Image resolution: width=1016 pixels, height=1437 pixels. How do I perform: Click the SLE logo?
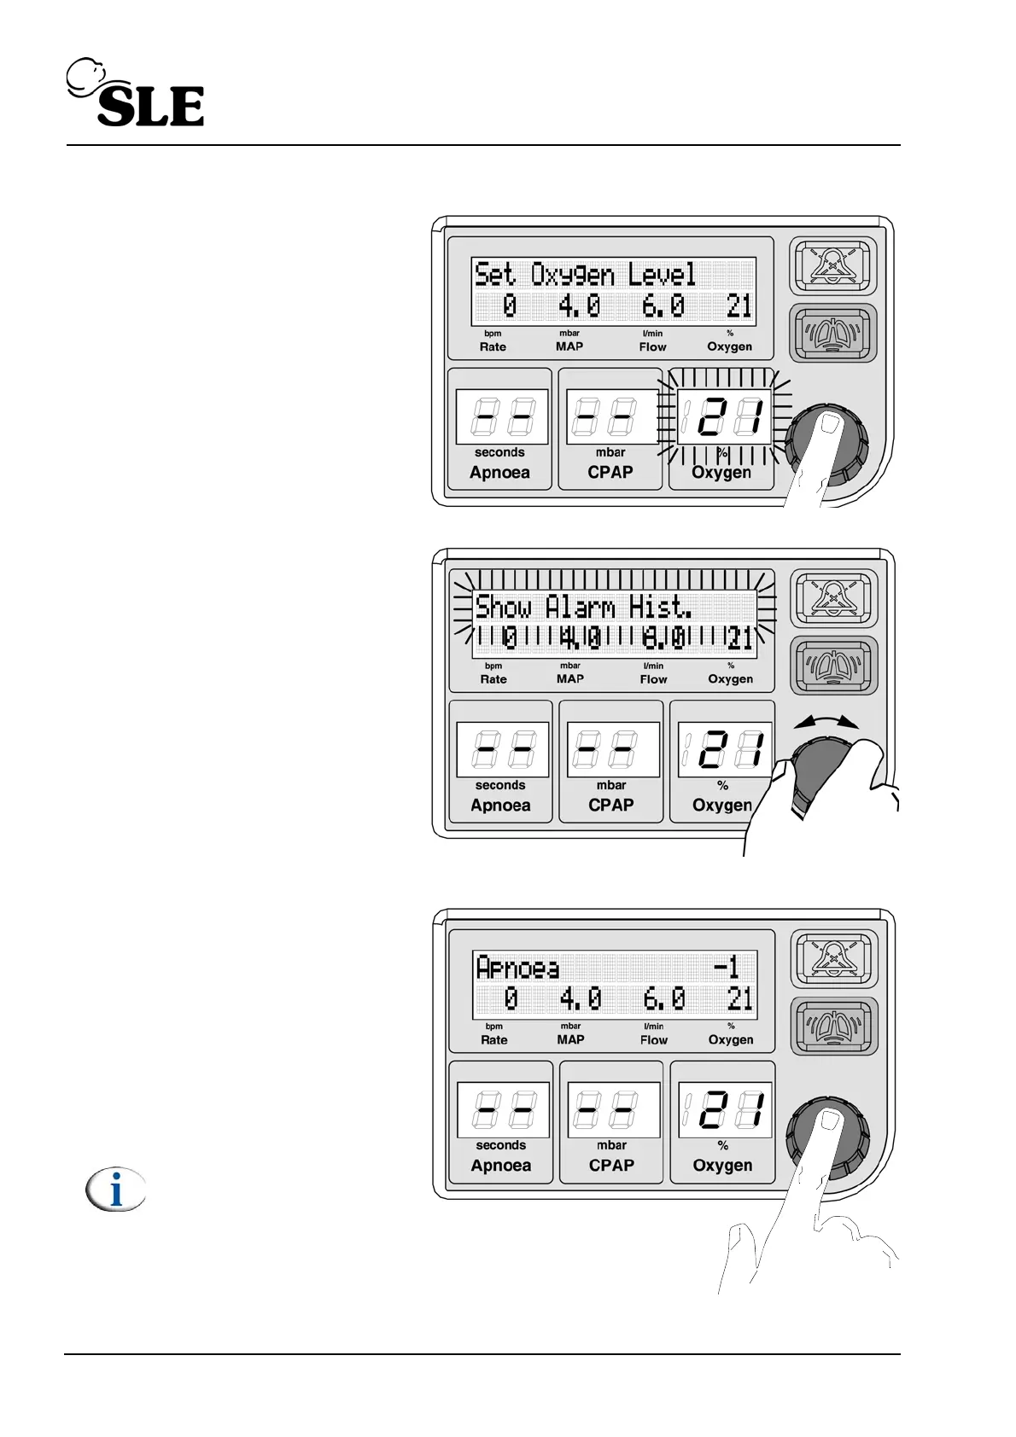pos(137,94)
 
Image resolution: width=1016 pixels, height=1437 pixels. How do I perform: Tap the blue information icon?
pos(116,1190)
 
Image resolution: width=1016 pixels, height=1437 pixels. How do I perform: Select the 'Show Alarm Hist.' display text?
pos(583,607)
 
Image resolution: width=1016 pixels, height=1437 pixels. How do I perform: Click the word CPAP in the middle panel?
pos(610,805)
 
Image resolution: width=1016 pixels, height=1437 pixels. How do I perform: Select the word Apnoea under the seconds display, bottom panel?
pos(500,1165)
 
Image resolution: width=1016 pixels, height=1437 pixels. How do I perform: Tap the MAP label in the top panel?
pos(569,346)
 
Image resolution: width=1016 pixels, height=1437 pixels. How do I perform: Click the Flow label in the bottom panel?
pos(654,1039)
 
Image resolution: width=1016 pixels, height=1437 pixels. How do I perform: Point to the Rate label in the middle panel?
pos(493,679)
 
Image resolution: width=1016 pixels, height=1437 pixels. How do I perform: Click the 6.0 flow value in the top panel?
pos(663,305)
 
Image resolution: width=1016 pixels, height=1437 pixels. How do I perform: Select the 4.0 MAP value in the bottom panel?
pos(581,998)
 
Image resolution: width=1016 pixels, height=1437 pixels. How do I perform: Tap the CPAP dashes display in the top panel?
pos(611,416)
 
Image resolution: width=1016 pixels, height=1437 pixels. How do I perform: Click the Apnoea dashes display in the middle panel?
pos(501,749)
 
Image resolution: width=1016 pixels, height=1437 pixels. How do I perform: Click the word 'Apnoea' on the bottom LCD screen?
pos(517,968)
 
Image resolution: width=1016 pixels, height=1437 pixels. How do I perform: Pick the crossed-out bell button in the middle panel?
pos(832,598)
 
